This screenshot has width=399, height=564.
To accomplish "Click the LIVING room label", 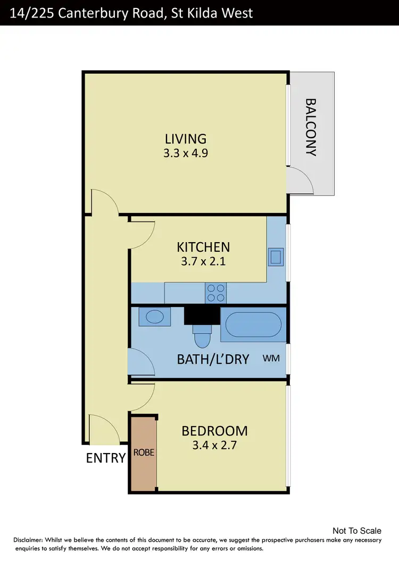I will coord(185,139).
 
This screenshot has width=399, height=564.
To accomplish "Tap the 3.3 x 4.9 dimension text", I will coord(185,155).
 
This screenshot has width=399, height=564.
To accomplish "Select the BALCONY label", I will coord(311,127).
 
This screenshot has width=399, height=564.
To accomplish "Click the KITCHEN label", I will coord(203,247).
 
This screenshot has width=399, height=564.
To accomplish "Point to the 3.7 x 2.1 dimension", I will coord(203,261).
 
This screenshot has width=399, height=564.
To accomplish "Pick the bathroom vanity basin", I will coord(154,317).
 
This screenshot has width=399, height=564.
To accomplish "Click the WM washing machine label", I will coord(270,359).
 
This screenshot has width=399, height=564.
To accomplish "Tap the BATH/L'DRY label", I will coord(213,359).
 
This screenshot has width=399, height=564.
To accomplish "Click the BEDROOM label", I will coord(214,431).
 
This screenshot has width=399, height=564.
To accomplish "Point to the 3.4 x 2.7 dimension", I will coord(214,445).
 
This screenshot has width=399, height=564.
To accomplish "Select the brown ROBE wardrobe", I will coord(143,454).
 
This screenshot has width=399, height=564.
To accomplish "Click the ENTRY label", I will coord(105,458).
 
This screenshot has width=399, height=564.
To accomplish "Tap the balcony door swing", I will coord(301,181).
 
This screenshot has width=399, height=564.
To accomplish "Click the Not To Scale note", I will coord(356,531).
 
